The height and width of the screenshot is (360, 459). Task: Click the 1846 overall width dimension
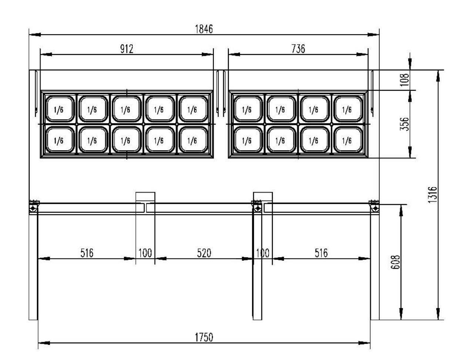click(x=204, y=29)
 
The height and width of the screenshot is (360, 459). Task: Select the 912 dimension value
click(x=127, y=49)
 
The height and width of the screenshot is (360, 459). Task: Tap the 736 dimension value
click(x=298, y=49)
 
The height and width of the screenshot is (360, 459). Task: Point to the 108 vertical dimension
click(x=405, y=80)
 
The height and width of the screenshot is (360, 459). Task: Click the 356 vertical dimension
click(x=405, y=124)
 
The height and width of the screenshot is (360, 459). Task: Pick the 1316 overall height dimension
click(x=432, y=195)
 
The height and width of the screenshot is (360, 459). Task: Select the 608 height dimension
click(x=395, y=262)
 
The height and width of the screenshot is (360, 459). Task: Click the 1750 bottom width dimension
click(x=204, y=337)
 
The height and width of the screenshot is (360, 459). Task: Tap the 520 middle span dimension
click(x=204, y=253)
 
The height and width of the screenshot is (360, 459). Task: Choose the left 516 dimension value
click(x=87, y=253)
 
